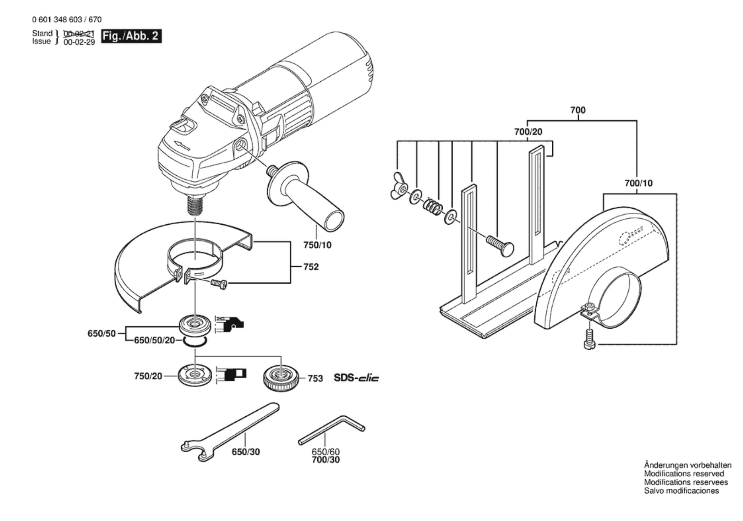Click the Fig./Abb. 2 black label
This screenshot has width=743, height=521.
pyautogui.click(x=131, y=36)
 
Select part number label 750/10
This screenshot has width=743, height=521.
pyautogui.click(x=317, y=245)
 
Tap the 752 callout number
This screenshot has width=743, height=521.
pyautogui.click(x=311, y=267)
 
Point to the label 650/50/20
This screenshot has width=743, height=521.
pyautogui.click(x=154, y=340)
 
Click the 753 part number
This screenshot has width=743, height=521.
pyautogui.click(x=315, y=378)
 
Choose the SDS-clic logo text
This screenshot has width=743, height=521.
pyautogui.click(x=356, y=378)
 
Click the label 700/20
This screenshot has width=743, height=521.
pyautogui.click(x=528, y=132)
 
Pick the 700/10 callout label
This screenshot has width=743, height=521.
pyautogui.click(x=638, y=183)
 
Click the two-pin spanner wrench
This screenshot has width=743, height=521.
pyautogui.click(x=230, y=432)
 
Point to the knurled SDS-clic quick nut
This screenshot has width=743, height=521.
pyautogui.click(x=281, y=378)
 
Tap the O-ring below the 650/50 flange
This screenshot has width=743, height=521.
pyautogui.click(x=194, y=342)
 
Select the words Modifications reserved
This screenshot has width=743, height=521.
pyautogui.click(x=684, y=474)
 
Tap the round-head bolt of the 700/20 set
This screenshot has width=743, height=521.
pyautogui.click(x=500, y=244)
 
